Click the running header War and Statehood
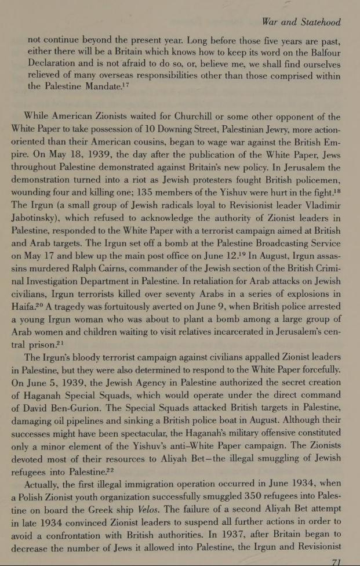301,23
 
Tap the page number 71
336,561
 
